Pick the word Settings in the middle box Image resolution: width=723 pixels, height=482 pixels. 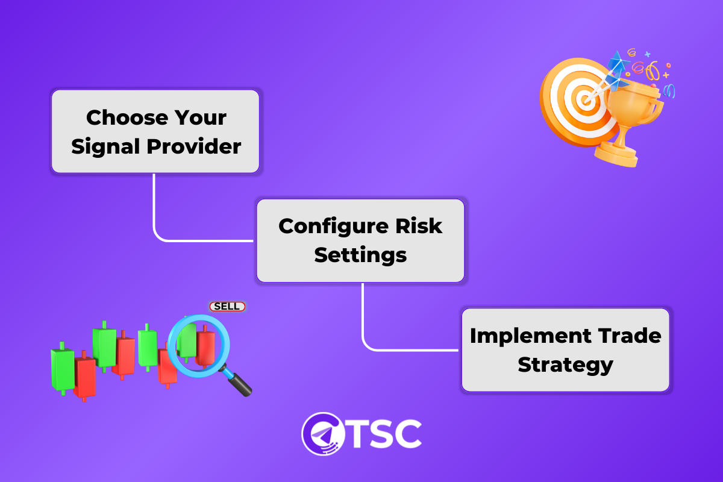click(360, 255)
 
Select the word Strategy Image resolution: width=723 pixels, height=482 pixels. click(565, 365)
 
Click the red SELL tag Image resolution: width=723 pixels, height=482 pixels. click(227, 307)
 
